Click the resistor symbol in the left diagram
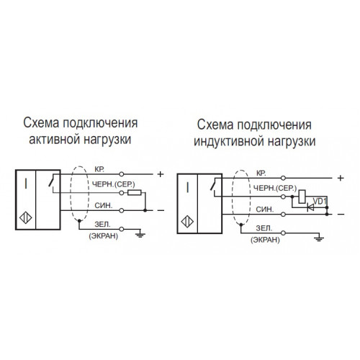(x=135, y=192)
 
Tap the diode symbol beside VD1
(x=310, y=207)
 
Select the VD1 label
(x=320, y=201)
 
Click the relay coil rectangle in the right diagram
(x=302, y=197)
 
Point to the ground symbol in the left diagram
(x=140, y=235)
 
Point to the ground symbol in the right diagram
(x=319, y=238)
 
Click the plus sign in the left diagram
(x=161, y=174)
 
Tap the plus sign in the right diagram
(x=341, y=178)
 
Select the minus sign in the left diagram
(x=161, y=211)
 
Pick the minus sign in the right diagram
(x=341, y=215)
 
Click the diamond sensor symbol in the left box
(x=26, y=218)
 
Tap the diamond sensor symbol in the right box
(x=187, y=222)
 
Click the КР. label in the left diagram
(x=99, y=169)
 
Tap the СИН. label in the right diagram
(x=265, y=210)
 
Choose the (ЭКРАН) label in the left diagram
(x=104, y=236)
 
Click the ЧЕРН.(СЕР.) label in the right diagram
(x=275, y=189)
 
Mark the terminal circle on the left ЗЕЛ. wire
(x=122, y=229)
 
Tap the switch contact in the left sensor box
(x=52, y=181)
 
